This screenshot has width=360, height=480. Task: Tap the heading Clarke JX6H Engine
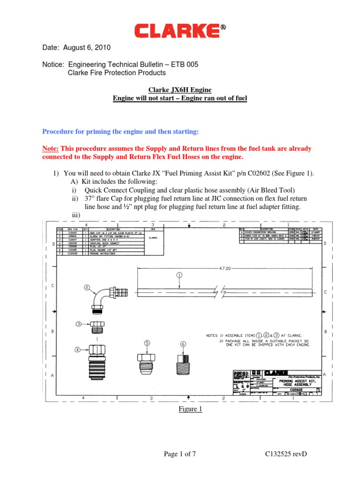pyautogui.click(x=180, y=90)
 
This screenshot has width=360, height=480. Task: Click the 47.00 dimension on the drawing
pyautogui.click(x=225, y=268)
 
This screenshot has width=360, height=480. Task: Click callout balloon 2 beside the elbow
pyautogui.click(x=87, y=287)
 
